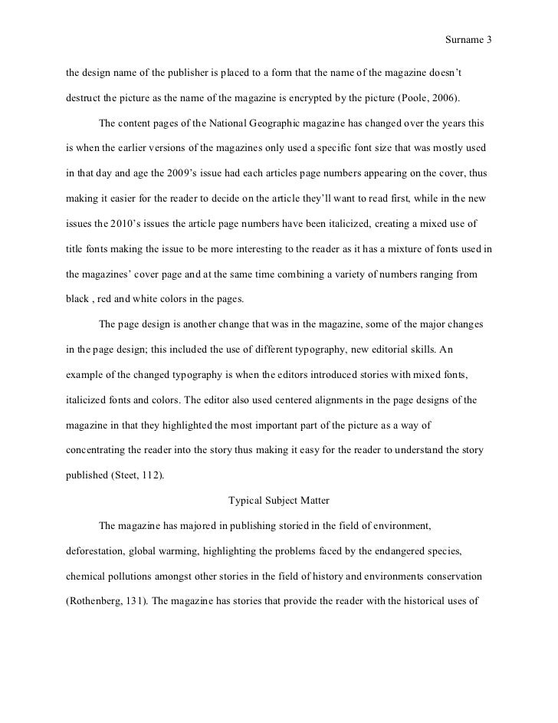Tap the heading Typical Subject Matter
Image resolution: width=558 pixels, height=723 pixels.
point(279,501)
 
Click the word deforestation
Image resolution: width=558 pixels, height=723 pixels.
point(92,550)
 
